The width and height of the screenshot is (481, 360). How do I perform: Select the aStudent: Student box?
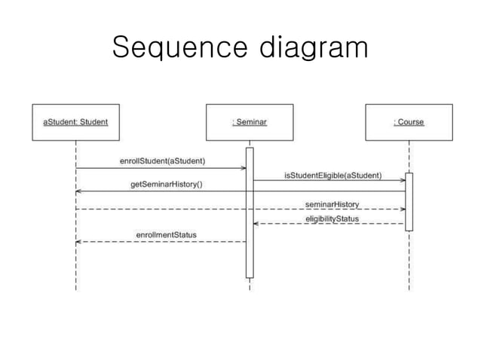point(75,122)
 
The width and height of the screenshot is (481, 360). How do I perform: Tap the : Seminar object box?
point(250,122)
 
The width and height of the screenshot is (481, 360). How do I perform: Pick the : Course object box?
point(409,122)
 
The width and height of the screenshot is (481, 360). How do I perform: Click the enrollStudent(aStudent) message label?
point(163,160)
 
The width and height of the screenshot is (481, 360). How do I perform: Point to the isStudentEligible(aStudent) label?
point(332,175)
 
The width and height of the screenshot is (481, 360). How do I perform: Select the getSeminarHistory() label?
point(167,185)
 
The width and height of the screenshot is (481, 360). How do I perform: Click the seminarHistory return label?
point(332,203)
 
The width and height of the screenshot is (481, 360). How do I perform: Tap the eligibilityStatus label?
point(332,218)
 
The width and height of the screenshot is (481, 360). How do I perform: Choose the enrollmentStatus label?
point(166,235)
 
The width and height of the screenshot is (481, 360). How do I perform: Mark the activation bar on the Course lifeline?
point(409,201)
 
